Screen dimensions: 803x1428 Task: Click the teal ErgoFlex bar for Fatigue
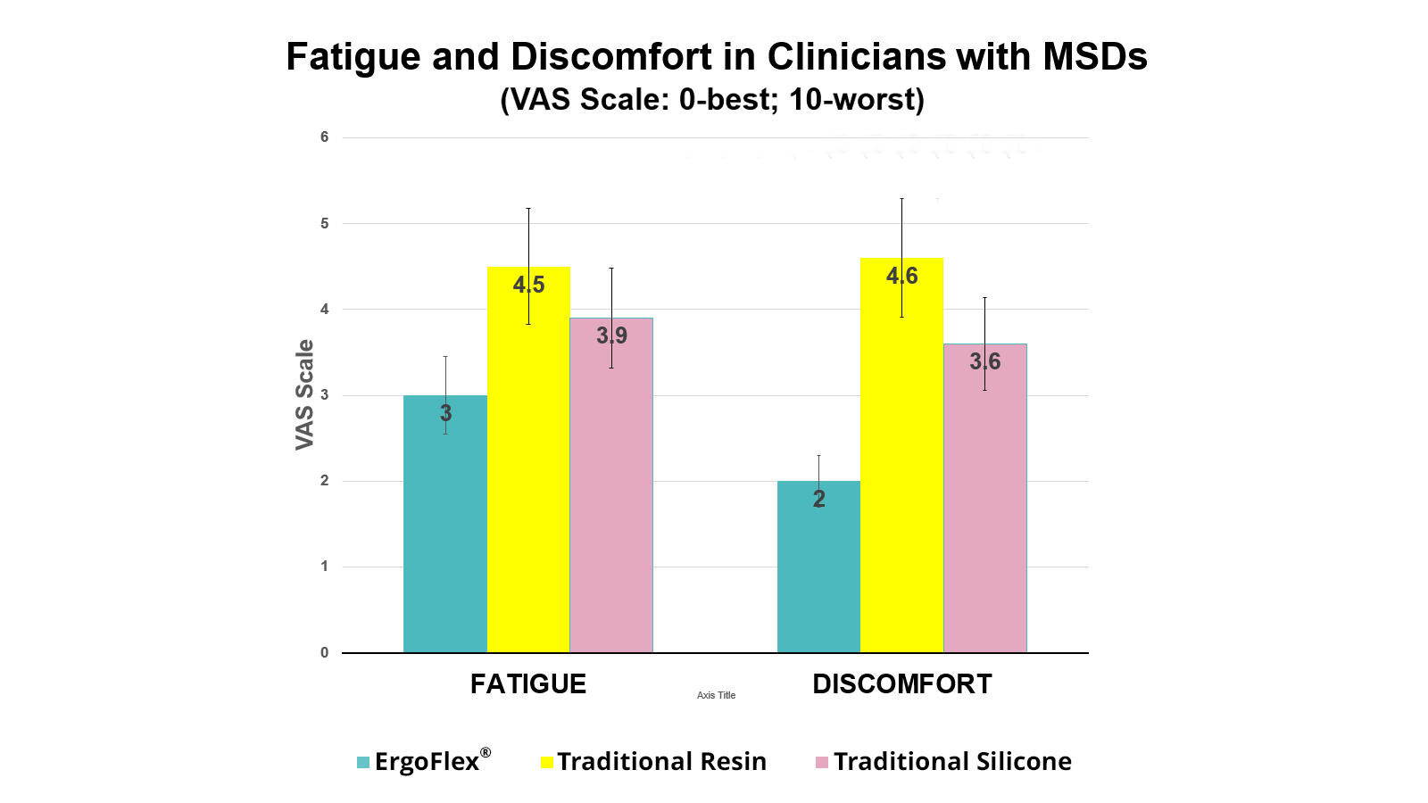[444, 535]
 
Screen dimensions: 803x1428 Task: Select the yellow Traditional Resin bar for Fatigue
[528, 473]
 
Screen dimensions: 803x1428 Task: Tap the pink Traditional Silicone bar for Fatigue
[611, 500]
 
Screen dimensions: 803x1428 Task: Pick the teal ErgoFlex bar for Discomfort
[818, 571]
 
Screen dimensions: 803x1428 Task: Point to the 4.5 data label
[528, 285]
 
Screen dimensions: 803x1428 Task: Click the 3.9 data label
[611, 335]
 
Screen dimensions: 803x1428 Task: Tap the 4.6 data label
[901, 276]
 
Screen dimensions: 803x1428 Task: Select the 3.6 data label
[984, 361]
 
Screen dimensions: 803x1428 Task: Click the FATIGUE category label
[528, 684]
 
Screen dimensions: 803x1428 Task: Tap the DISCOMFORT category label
[901, 684]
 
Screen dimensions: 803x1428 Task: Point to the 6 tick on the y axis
[325, 137]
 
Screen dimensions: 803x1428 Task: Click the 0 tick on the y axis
[325, 652]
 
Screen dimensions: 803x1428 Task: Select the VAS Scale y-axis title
[305, 394]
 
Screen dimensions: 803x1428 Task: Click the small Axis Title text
[716, 695]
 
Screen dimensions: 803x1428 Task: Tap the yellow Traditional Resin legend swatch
[547, 762]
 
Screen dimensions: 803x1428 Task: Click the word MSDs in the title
[1095, 57]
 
